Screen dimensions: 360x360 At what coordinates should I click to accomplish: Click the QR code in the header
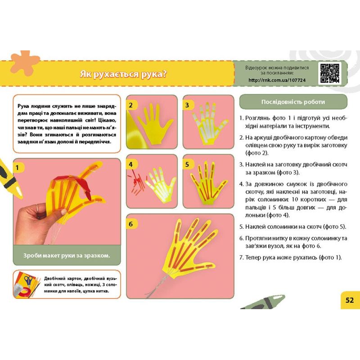coord(330,73)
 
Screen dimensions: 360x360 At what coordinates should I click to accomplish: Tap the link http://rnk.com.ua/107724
coord(277,80)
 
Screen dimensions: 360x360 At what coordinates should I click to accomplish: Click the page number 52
coord(350,300)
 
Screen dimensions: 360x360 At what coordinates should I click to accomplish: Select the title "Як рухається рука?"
coord(123,74)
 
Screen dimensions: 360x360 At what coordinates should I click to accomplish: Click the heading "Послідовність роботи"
coord(293,102)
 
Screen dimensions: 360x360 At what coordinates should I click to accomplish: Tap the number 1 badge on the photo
coord(17,168)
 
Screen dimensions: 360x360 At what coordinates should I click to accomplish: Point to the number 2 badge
coord(130,105)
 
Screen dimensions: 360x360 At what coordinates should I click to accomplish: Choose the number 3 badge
coord(187,105)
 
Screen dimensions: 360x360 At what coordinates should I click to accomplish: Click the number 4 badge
coord(130,164)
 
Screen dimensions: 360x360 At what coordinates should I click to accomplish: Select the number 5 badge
coord(187,164)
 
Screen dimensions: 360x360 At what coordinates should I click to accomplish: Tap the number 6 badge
coord(130,224)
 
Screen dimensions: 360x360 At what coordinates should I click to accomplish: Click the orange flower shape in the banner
coord(24,63)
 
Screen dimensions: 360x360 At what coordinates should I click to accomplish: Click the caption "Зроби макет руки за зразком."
coord(67,256)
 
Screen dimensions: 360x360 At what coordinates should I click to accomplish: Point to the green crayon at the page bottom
coord(263,302)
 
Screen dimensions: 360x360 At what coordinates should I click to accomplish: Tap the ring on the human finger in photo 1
coord(37,207)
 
